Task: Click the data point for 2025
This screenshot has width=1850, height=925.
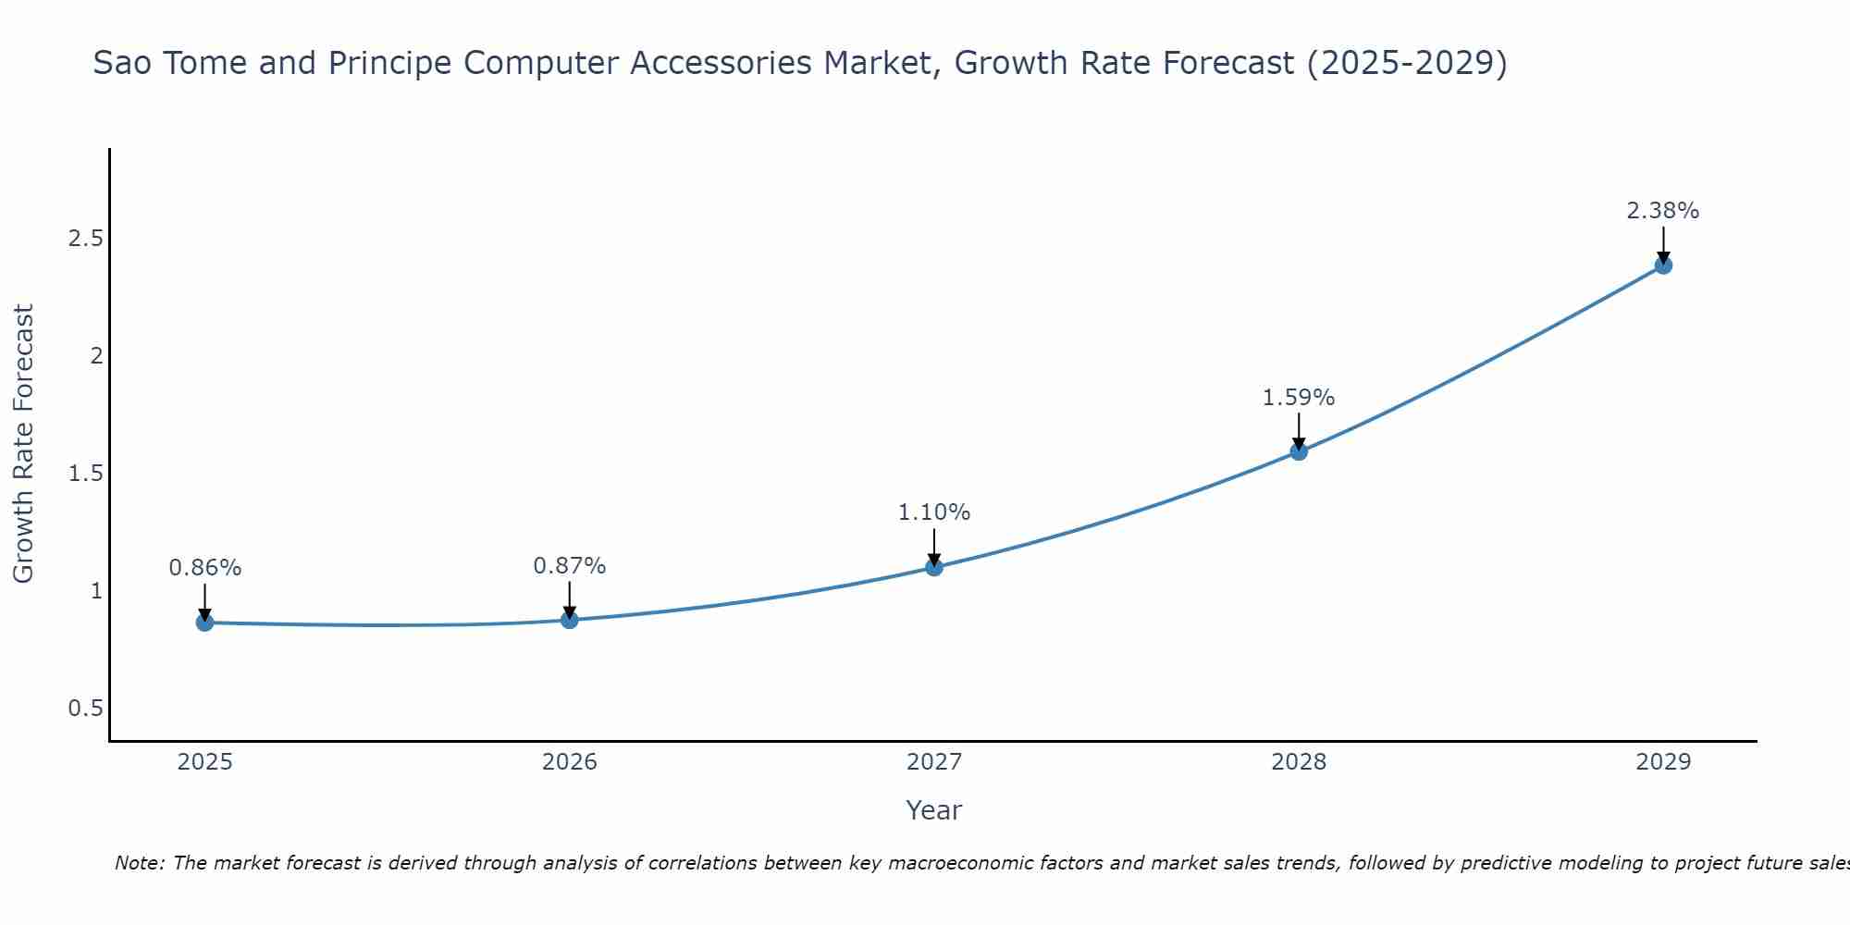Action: pyautogui.click(x=204, y=623)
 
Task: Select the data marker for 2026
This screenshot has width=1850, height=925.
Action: pyautogui.click(x=570, y=620)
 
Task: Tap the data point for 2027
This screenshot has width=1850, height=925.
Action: pyautogui.click(x=934, y=567)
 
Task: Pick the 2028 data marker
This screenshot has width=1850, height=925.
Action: pyautogui.click(x=1299, y=451)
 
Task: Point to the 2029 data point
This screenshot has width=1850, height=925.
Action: pyautogui.click(x=1663, y=265)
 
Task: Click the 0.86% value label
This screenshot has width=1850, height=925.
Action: pyautogui.click(x=205, y=568)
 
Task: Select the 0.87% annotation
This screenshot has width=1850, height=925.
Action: pyautogui.click(x=570, y=566)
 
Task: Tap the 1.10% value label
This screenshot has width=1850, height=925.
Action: pyautogui.click(x=934, y=512)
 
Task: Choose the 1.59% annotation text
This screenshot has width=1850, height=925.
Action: pyautogui.click(x=1299, y=398)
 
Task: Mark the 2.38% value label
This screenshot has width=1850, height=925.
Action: pyautogui.click(x=1663, y=211)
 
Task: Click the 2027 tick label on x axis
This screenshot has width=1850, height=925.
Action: pyautogui.click(x=934, y=762)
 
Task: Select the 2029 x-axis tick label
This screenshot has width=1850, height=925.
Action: pyautogui.click(x=1663, y=762)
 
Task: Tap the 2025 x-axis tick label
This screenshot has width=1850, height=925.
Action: pyautogui.click(x=205, y=762)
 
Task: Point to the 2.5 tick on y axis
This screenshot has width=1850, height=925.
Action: pyautogui.click(x=85, y=239)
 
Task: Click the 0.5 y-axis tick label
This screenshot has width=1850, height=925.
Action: pyautogui.click(x=85, y=709)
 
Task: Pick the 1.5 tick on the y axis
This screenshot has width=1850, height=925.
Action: pyautogui.click(x=85, y=474)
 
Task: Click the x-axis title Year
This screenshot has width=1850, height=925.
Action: pyautogui.click(x=934, y=810)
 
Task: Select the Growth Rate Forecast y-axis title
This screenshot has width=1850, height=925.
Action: pyautogui.click(x=23, y=444)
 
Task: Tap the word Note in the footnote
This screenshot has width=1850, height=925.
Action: pyautogui.click(x=139, y=863)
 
